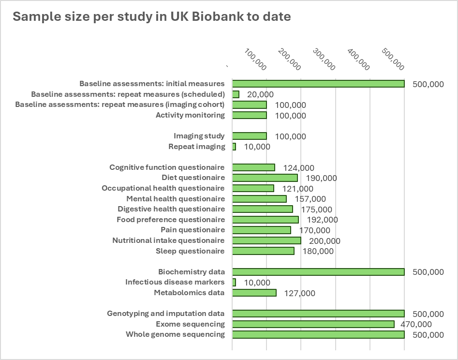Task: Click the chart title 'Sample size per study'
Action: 151,16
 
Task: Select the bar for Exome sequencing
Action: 313,324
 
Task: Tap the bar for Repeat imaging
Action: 234,147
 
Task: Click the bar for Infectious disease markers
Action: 234,282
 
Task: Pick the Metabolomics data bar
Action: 254,293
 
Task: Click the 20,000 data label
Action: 260,94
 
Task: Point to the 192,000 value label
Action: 322,220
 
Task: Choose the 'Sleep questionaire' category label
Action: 190,251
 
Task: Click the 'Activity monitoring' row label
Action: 190,115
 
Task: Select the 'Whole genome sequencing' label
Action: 175,334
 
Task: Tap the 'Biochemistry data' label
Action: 192,272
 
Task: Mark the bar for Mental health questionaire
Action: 259,199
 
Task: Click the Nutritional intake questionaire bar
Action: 266,240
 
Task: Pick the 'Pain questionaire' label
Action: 192,230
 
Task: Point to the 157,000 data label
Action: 310,199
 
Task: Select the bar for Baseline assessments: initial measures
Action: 318,84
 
